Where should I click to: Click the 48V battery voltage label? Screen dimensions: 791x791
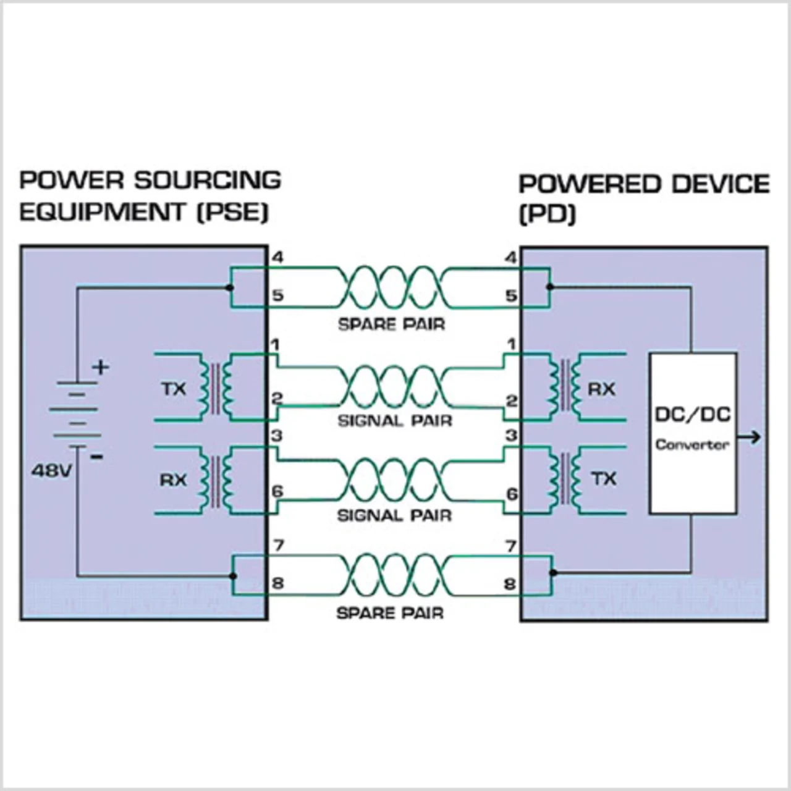pyautogui.click(x=52, y=471)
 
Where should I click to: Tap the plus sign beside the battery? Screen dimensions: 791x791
pyautogui.click(x=100, y=367)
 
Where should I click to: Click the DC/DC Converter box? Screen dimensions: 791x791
pyautogui.click(x=693, y=433)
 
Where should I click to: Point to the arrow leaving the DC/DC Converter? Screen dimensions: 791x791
pyautogui.click(x=750, y=438)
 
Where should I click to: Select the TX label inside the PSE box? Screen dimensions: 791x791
pyautogui.click(x=174, y=389)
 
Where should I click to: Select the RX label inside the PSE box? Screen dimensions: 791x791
pyautogui.click(x=173, y=480)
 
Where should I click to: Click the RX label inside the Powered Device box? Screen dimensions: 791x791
pyautogui.click(x=601, y=389)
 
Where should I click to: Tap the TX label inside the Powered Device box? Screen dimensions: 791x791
pyautogui.click(x=604, y=479)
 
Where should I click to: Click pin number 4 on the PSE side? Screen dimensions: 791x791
pyautogui.click(x=277, y=258)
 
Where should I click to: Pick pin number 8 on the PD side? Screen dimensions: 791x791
pyautogui.click(x=510, y=584)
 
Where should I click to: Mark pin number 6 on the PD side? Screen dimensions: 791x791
pyautogui.click(x=512, y=494)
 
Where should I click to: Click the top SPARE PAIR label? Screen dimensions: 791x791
pyautogui.click(x=391, y=324)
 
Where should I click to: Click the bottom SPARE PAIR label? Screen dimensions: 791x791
pyautogui.click(x=390, y=613)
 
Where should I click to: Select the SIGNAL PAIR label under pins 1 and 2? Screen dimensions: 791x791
pyautogui.click(x=395, y=421)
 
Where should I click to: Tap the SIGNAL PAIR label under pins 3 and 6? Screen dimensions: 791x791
pyautogui.click(x=394, y=515)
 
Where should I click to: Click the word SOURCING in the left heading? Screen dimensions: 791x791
pyautogui.click(x=208, y=180)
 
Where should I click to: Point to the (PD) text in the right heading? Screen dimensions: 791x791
pyautogui.click(x=548, y=215)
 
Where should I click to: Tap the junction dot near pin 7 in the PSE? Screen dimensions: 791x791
pyautogui.click(x=233, y=576)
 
